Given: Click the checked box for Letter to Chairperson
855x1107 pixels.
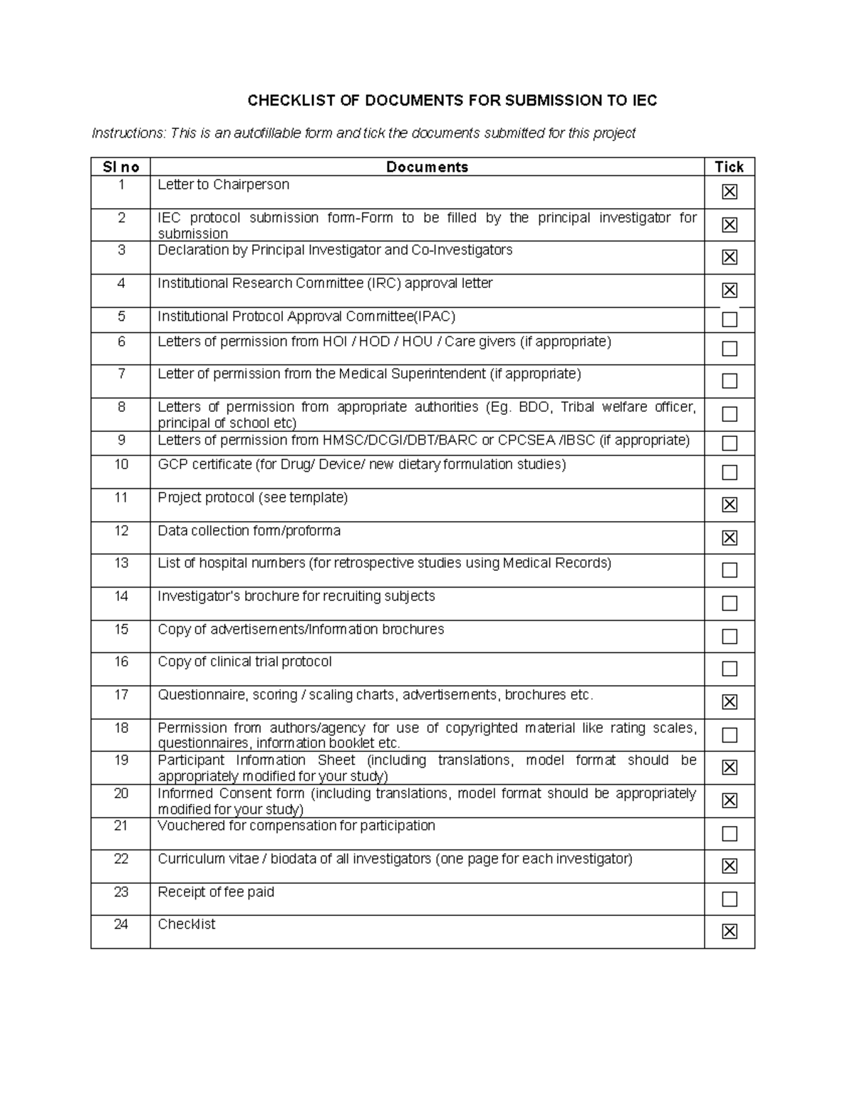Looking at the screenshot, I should [729, 192].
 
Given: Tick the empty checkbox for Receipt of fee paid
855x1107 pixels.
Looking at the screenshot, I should [729, 899].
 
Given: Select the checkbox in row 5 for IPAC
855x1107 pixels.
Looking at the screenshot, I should [729, 319].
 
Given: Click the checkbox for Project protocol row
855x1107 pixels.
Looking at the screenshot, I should [729, 505].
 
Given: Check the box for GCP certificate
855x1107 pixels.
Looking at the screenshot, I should [729, 472].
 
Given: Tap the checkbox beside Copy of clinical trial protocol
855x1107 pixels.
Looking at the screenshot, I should [729, 669].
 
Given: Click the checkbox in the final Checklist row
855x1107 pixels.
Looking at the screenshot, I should [729, 931].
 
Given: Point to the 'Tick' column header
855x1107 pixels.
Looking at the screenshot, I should [729, 167].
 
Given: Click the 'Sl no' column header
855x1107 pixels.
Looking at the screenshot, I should [120, 167].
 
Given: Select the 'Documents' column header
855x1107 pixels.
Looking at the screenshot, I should [427, 167].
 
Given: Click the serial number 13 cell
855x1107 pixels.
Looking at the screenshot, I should [121, 563].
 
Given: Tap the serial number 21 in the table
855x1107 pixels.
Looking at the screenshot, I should [121, 825].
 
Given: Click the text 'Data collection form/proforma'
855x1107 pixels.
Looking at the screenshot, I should [249, 531].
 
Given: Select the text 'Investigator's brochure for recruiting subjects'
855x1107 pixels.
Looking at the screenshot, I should [296, 596].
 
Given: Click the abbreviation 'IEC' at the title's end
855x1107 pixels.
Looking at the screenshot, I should [644, 101].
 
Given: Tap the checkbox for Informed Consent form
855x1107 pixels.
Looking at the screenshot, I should [729, 800].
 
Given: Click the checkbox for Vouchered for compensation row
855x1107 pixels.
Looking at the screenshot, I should [729, 833].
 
